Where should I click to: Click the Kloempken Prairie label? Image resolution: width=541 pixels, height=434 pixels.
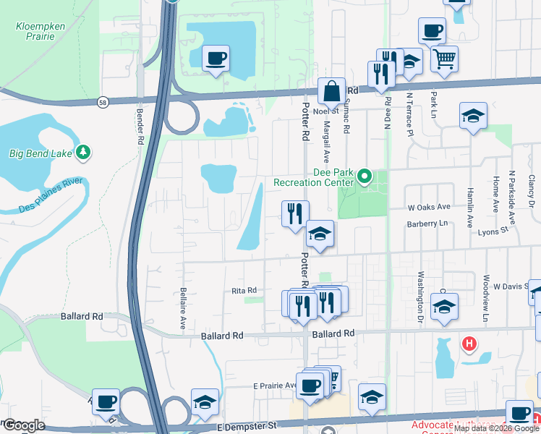click(x=39, y=32)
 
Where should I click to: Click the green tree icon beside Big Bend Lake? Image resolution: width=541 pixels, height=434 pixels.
click(x=84, y=152)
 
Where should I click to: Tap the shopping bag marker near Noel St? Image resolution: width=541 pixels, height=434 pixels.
click(x=331, y=92)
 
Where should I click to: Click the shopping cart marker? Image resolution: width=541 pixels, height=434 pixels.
click(x=444, y=58)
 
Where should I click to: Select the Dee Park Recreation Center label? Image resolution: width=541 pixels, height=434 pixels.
click(x=314, y=178)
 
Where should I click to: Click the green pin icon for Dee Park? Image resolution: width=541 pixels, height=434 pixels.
click(x=365, y=176)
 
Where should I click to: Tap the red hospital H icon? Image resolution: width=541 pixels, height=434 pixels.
click(x=469, y=343)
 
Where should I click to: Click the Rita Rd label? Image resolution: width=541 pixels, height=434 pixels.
click(x=244, y=291)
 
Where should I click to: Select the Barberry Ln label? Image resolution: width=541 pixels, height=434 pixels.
click(x=427, y=224)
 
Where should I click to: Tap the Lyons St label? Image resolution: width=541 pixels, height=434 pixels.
click(x=495, y=231)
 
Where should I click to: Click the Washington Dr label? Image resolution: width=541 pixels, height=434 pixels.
click(x=419, y=297)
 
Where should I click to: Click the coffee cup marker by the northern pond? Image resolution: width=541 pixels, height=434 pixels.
click(x=216, y=59)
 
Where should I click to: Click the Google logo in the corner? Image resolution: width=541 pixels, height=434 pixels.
click(x=23, y=426)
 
